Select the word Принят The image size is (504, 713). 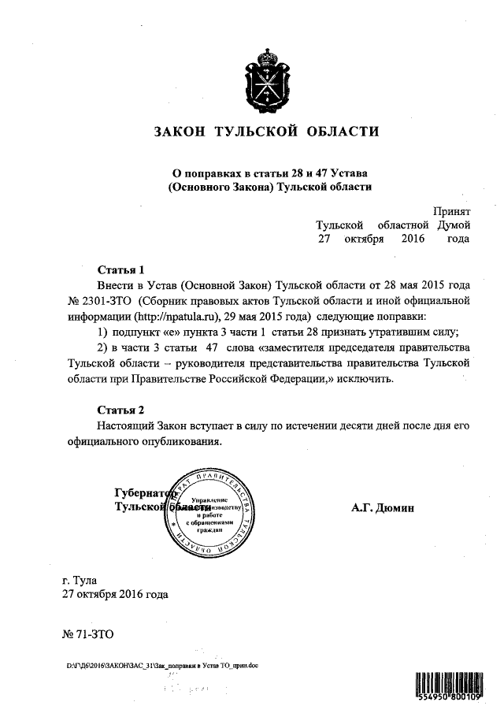click(x=452, y=211)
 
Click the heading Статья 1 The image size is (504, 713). click(x=120, y=269)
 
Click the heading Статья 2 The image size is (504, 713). click(x=120, y=410)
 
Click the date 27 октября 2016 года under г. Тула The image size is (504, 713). click(x=114, y=596)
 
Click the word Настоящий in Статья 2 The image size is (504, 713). click(x=124, y=425)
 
